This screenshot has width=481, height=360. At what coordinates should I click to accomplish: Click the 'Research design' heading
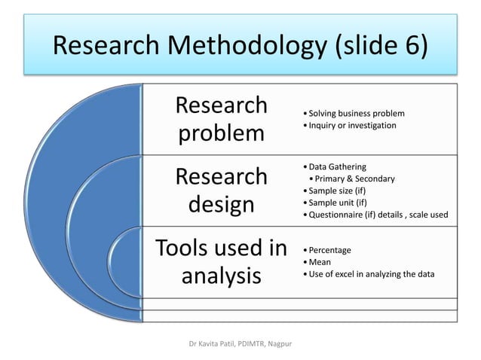tap(221, 190)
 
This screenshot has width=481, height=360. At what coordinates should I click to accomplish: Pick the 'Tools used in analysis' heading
tap(221, 261)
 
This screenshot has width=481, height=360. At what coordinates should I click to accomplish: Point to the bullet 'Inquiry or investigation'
tap(351, 125)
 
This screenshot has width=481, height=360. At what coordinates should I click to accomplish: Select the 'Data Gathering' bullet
tap(336, 166)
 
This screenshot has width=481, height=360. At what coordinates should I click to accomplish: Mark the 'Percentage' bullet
tap(329, 250)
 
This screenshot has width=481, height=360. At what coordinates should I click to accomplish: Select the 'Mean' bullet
tap(320, 262)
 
